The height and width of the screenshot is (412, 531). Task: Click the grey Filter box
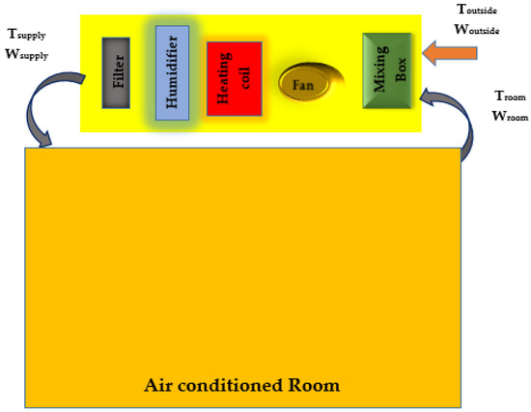[118, 72]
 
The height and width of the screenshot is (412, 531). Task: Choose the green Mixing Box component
[383, 70]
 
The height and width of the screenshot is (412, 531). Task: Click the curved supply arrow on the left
[44, 117]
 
